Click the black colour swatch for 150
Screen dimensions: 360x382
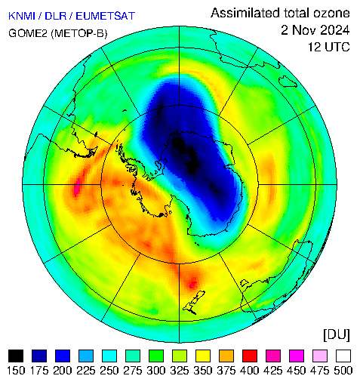coord(16,356)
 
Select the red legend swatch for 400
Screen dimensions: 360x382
coord(250,356)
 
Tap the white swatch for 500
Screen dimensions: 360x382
coord(343,356)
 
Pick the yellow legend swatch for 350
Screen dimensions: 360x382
coord(203,356)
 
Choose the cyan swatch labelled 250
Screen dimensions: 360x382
coord(109,356)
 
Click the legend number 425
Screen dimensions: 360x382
coord(273,371)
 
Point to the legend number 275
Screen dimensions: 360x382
coord(133,371)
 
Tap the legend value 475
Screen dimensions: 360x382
coord(320,371)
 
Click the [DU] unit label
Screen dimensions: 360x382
coord(337,334)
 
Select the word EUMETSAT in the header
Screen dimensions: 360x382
coord(106,16)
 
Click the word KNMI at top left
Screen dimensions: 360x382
coord(22,16)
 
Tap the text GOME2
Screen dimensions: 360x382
coord(28,33)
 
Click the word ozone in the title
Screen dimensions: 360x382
coord(331,13)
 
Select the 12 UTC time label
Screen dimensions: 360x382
coord(329,47)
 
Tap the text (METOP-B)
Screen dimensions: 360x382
coord(79,33)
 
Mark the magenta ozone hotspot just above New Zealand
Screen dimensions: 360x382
coord(193,284)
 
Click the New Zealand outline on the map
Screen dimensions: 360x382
coord(194,303)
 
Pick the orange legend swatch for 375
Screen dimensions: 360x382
coord(226,356)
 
